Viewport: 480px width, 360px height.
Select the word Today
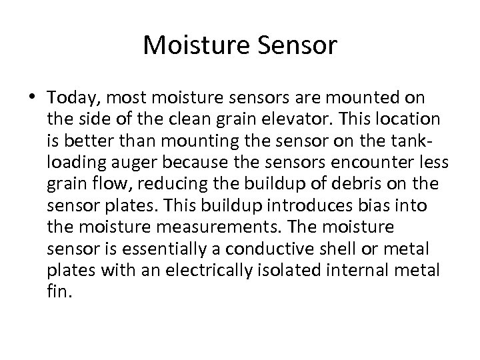click(x=70, y=99)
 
